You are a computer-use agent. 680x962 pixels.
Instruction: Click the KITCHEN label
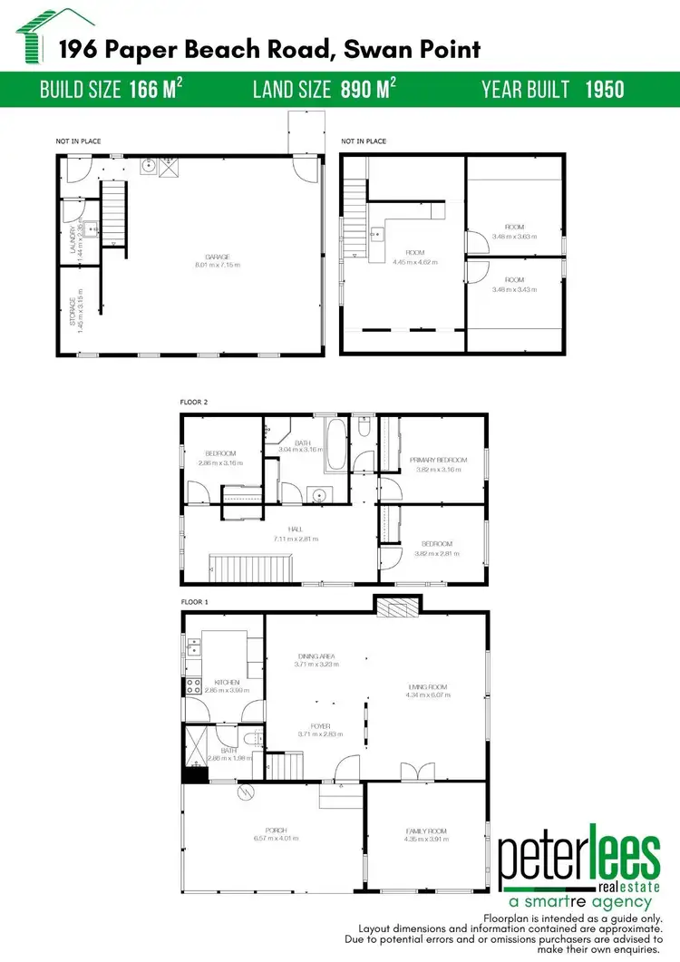point(226,682)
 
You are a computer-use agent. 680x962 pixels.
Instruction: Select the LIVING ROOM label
point(428,687)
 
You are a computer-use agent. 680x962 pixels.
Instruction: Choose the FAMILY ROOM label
point(425,831)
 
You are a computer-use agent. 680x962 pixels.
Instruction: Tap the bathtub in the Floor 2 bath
point(336,444)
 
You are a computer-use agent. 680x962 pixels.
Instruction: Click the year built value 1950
point(605,89)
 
